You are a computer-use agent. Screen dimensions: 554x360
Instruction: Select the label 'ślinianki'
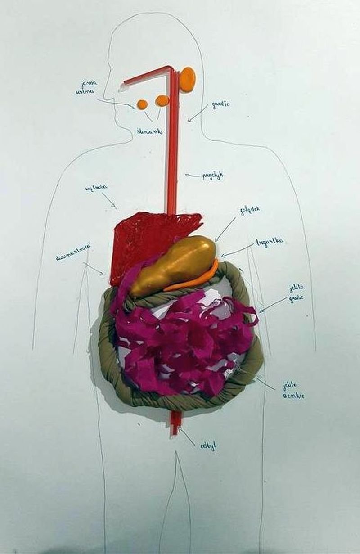coord(150,131)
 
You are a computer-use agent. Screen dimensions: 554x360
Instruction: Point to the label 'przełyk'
coord(212,176)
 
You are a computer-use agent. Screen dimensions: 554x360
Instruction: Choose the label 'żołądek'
coord(251,211)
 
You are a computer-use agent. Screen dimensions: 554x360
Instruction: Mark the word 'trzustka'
coord(270,242)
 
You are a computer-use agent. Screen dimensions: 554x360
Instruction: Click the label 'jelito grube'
coord(297,293)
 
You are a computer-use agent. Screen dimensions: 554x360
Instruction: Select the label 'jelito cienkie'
coord(293,390)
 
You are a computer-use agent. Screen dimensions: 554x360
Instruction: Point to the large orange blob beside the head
coord(187,79)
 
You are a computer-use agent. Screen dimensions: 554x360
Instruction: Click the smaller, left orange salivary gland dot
coord(142,104)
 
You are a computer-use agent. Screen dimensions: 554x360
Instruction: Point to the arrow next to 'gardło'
coord(196,115)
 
